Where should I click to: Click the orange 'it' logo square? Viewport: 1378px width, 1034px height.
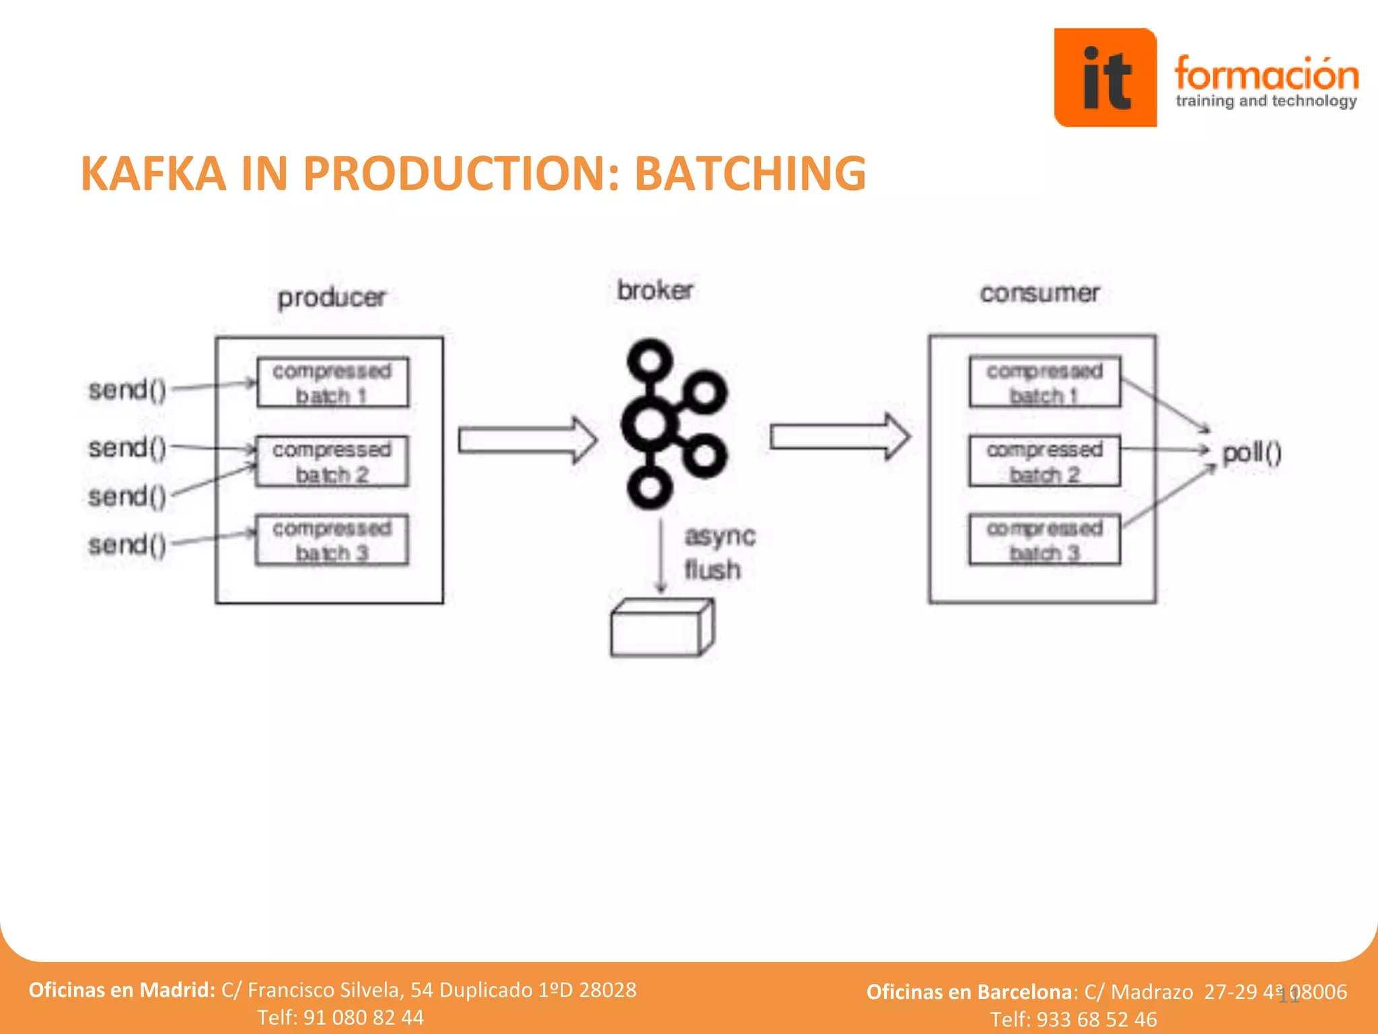tap(1105, 77)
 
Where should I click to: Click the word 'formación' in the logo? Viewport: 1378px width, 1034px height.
tap(1266, 74)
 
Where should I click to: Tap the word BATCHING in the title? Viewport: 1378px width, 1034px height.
tap(750, 174)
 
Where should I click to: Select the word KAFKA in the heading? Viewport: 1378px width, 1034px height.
tap(153, 174)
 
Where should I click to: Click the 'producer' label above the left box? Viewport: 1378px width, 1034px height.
tap(332, 298)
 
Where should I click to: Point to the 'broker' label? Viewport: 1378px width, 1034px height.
tap(655, 291)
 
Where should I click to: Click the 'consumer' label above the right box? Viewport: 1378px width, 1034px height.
tap(1040, 293)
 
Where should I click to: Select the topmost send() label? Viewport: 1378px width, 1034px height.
tap(127, 390)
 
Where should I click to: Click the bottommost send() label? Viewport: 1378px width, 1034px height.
tap(127, 545)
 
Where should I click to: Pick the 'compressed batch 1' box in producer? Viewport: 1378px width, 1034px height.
tap(332, 382)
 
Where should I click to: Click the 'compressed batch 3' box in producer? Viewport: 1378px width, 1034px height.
tap(332, 540)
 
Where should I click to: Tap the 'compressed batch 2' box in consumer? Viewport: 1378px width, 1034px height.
tap(1044, 461)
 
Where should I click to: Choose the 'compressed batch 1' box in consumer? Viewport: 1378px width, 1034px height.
tap(1044, 382)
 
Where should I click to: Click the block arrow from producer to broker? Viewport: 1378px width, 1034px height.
tap(527, 440)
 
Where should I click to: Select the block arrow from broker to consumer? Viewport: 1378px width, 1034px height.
tap(839, 437)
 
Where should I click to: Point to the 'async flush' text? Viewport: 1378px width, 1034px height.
tap(718, 553)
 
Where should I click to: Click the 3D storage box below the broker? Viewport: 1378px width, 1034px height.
tap(661, 628)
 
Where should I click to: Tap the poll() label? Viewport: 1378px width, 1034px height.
tap(1252, 453)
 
